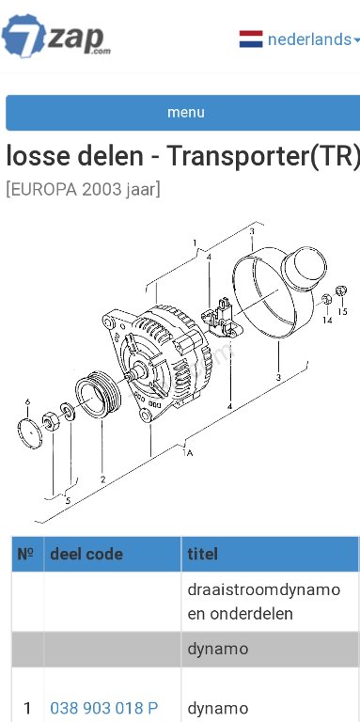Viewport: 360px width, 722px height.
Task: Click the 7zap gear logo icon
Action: coord(23,36)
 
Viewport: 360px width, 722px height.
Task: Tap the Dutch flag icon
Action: coord(251,39)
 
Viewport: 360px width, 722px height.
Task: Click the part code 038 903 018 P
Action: coord(103,708)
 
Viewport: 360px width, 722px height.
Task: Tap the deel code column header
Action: coord(86,554)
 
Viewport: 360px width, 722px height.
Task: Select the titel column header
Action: coord(202,554)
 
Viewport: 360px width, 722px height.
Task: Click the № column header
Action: coord(27,554)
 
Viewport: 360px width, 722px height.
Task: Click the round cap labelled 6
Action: coord(29,433)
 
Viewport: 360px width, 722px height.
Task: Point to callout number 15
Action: coord(342,312)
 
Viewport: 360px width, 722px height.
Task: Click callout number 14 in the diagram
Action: coord(327,320)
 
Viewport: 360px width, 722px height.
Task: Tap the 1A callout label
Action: coord(188,452)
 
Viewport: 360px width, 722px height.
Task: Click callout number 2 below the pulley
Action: coord(102,479)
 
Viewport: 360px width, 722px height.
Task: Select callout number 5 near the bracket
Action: coord(68,500)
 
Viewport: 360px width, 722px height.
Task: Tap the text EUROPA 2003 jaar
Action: coord(83,189)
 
